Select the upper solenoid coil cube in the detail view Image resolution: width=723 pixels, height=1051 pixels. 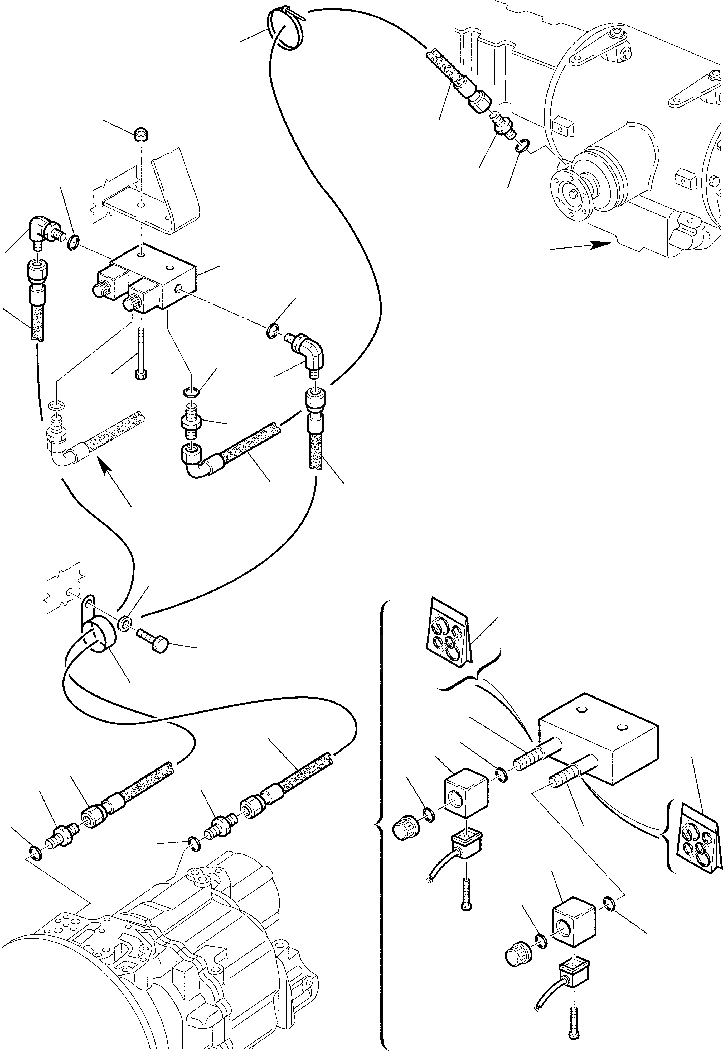pos(466,796)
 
